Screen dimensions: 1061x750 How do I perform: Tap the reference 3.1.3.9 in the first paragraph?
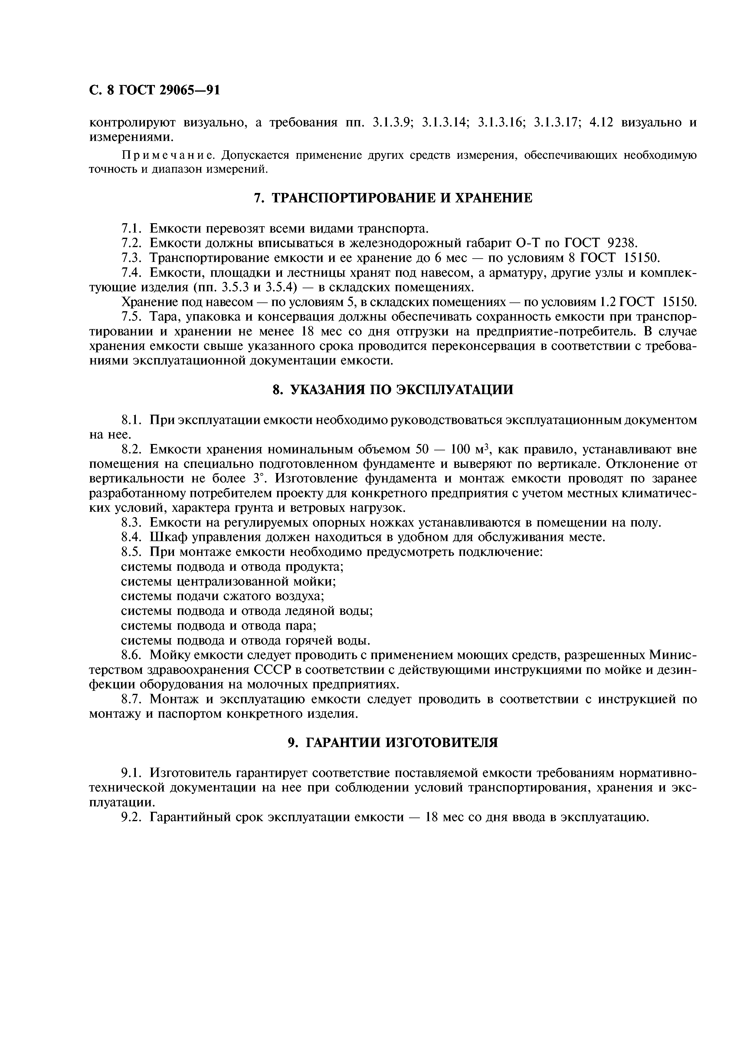pyautogui.click(x=392, y=123)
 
